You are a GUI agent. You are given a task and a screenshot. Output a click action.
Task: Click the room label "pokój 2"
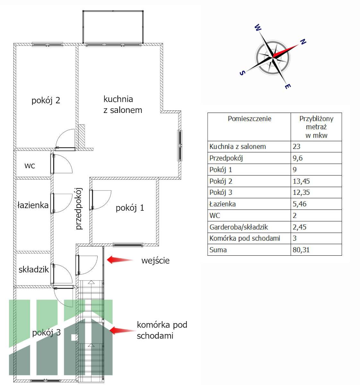click(x=46, y=100)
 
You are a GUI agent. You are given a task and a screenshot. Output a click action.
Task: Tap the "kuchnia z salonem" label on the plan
click(x=123, y=105)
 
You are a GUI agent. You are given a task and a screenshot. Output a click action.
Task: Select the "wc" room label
click(x=30, y=166)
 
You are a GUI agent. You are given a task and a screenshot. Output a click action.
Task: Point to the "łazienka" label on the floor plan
click(x=33, y=205)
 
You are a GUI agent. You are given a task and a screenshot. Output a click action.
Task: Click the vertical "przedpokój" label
click(x=79, y=209)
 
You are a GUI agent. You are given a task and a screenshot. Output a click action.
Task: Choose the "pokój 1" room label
click(x=130, y=208)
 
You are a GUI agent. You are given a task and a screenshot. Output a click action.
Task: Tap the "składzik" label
click(x=33, y=269)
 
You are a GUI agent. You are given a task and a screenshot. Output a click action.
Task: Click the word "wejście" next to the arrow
click(x=155, y=261)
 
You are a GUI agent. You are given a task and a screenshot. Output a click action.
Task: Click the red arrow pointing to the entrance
click(x=120, y=260)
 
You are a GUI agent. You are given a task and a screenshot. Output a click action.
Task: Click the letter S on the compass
click(x=243, y=73)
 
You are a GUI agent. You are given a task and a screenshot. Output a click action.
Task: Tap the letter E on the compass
click(x=288, y=86)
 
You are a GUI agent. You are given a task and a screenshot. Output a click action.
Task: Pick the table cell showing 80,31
click(x=301, y=250)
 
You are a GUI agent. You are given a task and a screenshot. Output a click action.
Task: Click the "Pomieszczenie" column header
click(x=249, y=119)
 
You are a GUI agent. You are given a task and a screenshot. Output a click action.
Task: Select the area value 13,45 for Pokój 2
click(x=301, y=181)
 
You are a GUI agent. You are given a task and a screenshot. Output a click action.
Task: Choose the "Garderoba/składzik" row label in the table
click(x=239, y=227)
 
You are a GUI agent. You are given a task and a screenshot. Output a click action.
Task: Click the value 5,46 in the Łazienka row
click(x=299, y=204)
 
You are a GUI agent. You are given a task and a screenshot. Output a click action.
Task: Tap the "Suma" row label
click(x=218, y=250)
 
